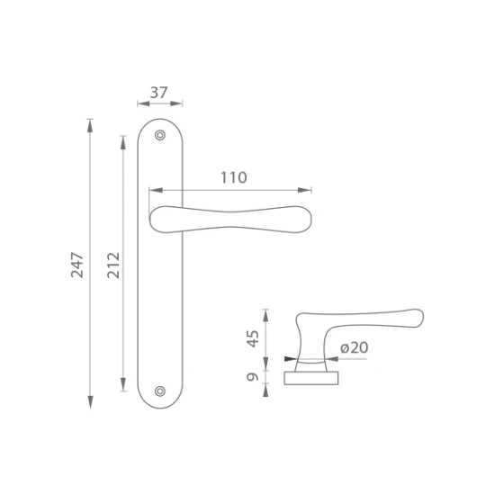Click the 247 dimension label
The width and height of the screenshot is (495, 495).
pos(77,265)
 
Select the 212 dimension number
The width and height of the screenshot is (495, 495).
pos(113,265)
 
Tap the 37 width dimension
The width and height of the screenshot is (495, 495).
pos(158,93)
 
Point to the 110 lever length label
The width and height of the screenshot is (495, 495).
pos(234,177)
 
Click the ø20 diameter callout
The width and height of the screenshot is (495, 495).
pos(355,347)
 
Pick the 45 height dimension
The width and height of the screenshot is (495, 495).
pos(253,338)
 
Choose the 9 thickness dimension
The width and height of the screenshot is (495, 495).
pos(253,377)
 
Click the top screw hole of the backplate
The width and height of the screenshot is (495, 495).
pos(160,135)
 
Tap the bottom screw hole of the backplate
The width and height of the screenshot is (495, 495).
pos(160,391)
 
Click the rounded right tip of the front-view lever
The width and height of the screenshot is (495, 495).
pos(311,219)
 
